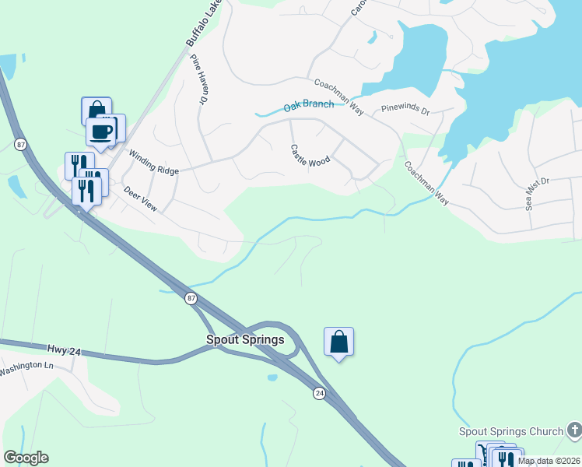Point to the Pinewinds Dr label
coord(405,111)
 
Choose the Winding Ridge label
coord(154,163)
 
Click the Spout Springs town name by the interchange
coord(245,339)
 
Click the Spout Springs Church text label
coord(510,431)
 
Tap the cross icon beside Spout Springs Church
coord(574,430)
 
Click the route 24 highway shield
coord(319,394)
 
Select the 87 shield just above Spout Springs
coord(191,298)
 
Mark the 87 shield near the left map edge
coord(20,144)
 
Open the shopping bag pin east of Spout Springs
coord(338,341)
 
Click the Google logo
coord(26,458)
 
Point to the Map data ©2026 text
coord(549,461)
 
